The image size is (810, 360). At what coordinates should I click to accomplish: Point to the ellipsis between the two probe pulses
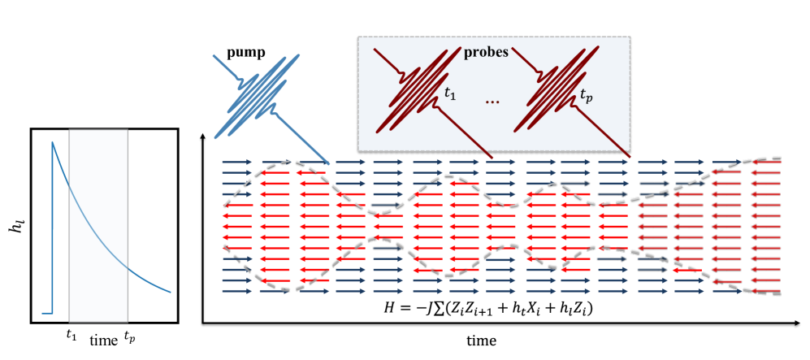click(492, 102)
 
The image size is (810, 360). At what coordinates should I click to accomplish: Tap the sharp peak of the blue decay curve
click(53, 143)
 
